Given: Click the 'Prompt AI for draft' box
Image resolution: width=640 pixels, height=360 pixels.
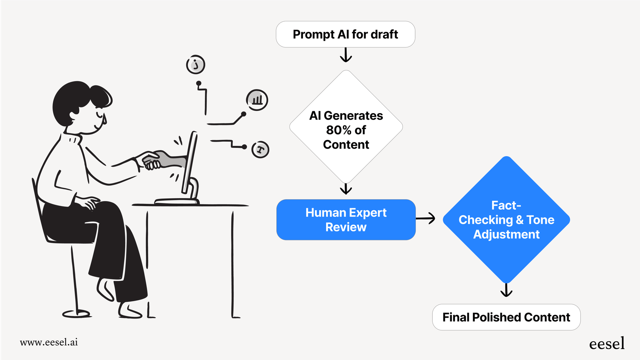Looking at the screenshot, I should click(345, 34).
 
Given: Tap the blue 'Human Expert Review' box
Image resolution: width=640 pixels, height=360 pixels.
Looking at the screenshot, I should click(346, 220).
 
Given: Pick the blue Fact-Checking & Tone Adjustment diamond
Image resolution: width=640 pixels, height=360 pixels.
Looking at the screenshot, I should click(506, 220).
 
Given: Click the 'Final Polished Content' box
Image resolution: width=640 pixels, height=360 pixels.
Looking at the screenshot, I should click(506, 317).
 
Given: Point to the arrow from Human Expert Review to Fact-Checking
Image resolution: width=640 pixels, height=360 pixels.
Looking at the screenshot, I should click(426, 218).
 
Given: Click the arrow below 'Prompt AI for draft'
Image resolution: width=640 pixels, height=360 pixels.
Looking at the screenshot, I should click(346, 55).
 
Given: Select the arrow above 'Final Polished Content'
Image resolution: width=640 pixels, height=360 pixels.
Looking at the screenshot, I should click(506, 290).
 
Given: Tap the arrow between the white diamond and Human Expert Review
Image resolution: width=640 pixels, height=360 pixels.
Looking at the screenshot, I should click(346, 189).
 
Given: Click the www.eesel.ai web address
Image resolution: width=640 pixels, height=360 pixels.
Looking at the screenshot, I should click(49, 342).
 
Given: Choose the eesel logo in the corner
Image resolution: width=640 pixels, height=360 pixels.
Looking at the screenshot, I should click(606, 343).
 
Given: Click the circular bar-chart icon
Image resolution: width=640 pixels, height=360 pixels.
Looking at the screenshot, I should click(257, 100).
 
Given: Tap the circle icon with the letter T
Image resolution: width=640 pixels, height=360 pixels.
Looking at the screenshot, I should click(261, 149).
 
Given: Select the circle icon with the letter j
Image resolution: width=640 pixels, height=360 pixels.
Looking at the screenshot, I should click(195, 64).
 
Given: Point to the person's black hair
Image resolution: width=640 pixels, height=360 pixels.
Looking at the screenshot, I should click(76, 99).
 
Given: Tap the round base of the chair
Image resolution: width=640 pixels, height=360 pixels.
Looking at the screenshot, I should click(76, 314).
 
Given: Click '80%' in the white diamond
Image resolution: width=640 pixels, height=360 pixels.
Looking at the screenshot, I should click(338, 130).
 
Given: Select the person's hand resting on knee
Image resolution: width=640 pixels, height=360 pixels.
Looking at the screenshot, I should click(88, 202).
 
